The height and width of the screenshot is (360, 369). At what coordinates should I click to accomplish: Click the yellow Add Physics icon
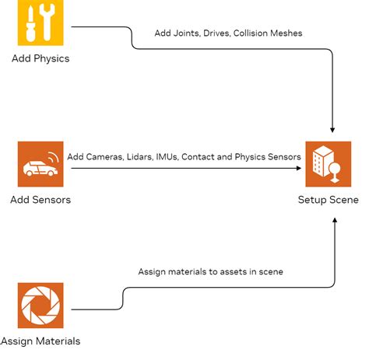40,23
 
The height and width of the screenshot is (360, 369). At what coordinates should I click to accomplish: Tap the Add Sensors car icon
40,164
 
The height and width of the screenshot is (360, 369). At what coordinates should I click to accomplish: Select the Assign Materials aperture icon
40,305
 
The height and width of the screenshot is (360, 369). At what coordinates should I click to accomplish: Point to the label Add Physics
40,59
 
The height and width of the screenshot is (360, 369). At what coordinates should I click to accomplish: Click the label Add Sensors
40,200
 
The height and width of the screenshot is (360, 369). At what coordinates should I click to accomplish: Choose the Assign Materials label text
40,341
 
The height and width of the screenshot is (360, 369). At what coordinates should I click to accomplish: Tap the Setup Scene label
328,200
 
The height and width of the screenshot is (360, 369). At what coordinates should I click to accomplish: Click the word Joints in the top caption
191,34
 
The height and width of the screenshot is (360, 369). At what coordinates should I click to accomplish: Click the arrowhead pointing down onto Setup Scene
333,128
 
